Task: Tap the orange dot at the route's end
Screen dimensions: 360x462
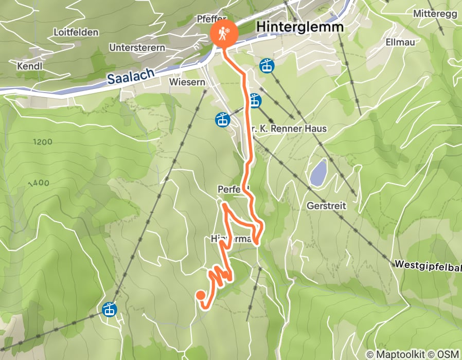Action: point(200,295)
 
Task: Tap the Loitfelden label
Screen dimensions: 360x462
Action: point(76,32)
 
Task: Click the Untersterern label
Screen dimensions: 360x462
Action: point(137,47)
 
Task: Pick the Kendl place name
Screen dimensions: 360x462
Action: point(29,66)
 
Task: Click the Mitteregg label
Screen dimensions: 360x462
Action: point(435,13)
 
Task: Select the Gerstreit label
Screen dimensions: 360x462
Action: point(326,206)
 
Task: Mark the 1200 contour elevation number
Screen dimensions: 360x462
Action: point(43,141)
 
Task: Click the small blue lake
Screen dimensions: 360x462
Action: point(317,172)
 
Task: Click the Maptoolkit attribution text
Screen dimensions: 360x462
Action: point(397,354)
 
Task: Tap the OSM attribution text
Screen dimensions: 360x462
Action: point(448,354)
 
